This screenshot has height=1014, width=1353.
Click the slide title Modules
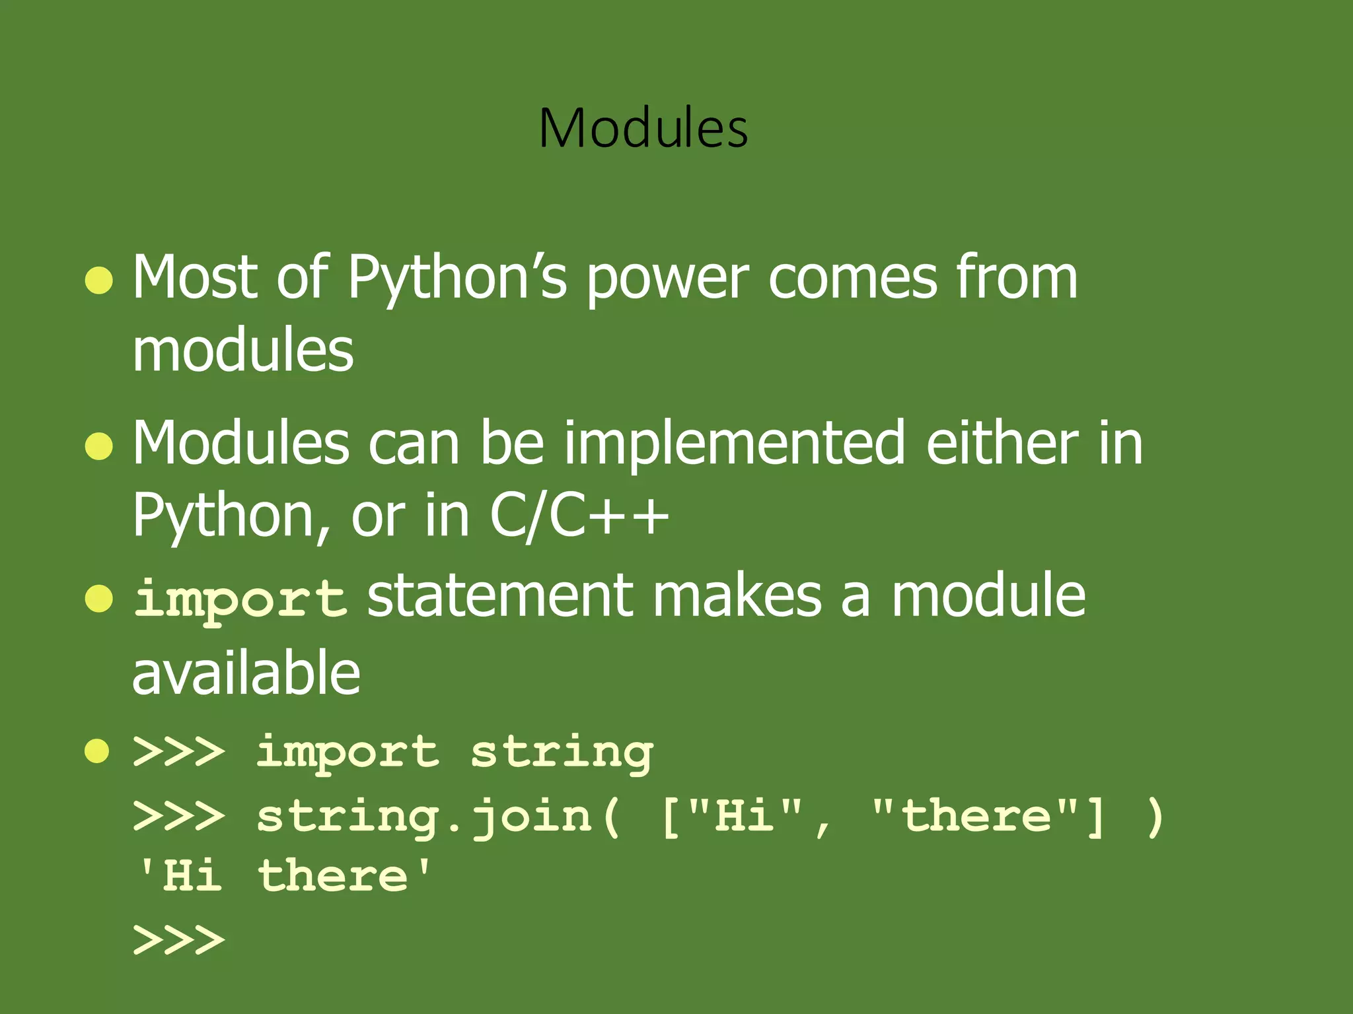click(x=643, y=128)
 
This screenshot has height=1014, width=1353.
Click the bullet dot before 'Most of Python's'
click(x=99, y=280)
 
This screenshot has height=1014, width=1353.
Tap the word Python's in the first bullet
click(x=457, y=279)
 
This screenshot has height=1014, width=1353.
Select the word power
click(x=667, y=280)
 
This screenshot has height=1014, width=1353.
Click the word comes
click(x=852, y=279)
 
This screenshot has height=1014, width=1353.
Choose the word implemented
click(x=733, y=444)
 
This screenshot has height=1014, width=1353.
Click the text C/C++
click(x=579, y=516)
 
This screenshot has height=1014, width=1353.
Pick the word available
click(x=246, y=673)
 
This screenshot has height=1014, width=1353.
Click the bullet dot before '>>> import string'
click(x=97, y=751)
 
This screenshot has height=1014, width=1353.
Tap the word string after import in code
click(x=562, y=753)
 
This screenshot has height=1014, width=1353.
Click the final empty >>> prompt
click(x=178, y=940)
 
